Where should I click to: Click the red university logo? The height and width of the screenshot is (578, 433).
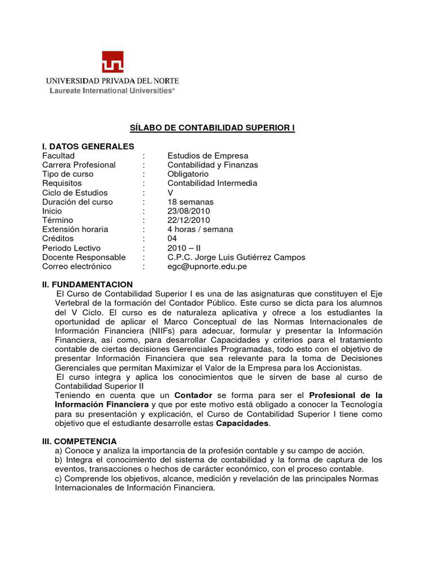pyautogui.click(x=112, y=62)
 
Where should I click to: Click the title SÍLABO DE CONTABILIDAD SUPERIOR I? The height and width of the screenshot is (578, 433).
pyautogui.click(x=209, y=128)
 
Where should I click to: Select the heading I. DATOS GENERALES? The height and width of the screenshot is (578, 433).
pyautogui.click(x=88, y=147)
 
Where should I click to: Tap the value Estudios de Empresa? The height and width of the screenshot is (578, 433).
pyautogui.click(x=207, y=156)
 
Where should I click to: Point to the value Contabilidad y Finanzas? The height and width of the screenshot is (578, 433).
pyautogui.click(x=213, y=165)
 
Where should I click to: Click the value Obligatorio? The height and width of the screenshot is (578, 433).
pyautogui.click(x=188, y=174)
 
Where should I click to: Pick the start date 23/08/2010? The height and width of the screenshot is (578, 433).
pyautogui.click(x=188, y=211)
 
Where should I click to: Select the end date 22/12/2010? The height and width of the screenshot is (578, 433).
pyautogui.click(x=188, y=220)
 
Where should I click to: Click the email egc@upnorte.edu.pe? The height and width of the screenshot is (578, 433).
pyautogui.click(x=207, y=266)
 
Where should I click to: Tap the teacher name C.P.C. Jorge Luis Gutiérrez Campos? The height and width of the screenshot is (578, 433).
pyautogui.click(x=236, y=257)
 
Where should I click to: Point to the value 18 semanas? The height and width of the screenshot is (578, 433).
pyautogui.click(x=191, y=202)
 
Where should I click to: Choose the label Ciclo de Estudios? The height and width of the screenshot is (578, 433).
pyautogui.click(x=74, y=192)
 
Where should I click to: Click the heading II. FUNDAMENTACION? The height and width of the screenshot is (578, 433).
pyautogui.click(x=87, y=284)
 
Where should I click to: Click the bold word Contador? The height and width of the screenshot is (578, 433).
pyautogui.click(x=193, y=395)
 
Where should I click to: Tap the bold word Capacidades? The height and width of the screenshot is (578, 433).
pyautogui.click(x=243, y=423)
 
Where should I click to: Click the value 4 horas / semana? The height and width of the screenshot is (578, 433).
pyautogui.click(x=200, y=230)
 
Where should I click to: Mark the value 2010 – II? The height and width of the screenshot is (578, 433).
pyautogui.click(x=184, y=248)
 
